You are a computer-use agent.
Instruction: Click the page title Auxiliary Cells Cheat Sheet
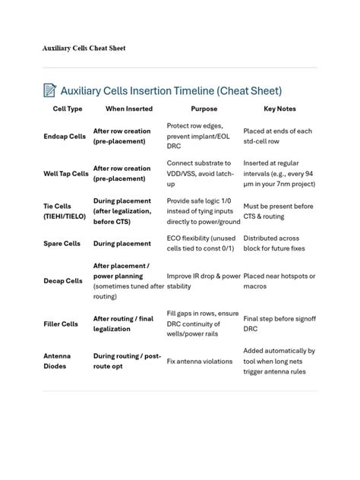(84, 48)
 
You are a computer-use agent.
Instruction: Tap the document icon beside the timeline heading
(50, 90)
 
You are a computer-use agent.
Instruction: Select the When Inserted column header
(128, 109)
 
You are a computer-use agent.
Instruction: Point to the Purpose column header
(204, 109)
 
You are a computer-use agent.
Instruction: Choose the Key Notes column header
(279, 109)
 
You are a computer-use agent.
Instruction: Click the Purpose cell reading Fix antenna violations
(200, 362)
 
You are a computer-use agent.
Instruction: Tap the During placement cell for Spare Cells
(122, 244)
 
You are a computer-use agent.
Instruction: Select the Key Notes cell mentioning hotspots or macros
(279, 280)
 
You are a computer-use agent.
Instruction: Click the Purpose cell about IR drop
(204, 280)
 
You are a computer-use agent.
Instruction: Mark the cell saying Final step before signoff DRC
(279, 324)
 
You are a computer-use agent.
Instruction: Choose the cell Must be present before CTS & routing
(279, 210)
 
